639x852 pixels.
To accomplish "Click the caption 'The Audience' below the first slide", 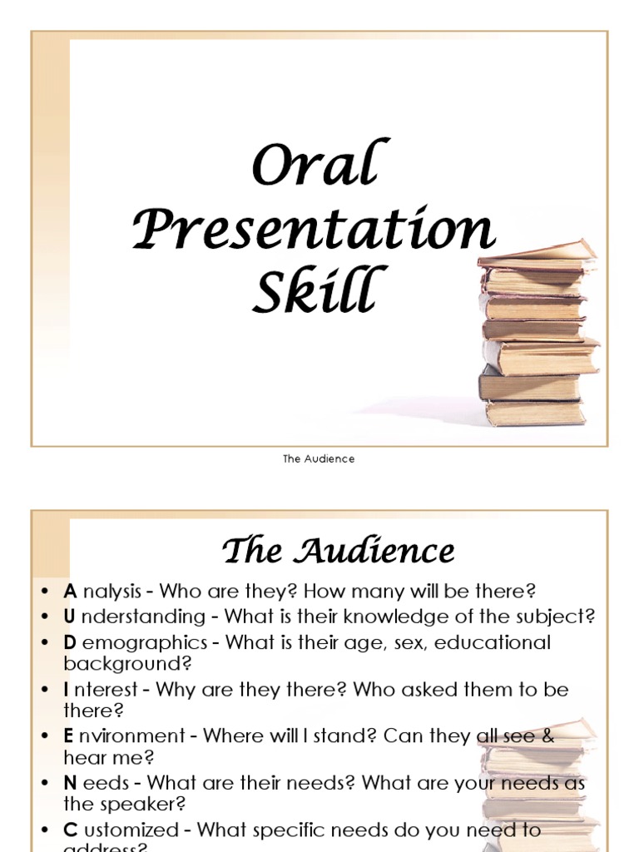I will click(x=319, y=459).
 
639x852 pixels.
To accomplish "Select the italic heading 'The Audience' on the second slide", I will click(x=338, y=551).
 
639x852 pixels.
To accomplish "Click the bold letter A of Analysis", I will click(x=70, y=592).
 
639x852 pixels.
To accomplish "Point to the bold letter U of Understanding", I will click(x=70, y=617).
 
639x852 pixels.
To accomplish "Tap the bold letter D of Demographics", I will click(x=70, y=642).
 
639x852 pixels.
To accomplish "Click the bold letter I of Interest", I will click(x=67, y=690).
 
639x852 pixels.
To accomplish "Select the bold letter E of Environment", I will click(x=69, y=736).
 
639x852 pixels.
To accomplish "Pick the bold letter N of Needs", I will click(x=70, y=784).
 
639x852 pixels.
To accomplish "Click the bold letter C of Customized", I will click(x=70, y=830).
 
